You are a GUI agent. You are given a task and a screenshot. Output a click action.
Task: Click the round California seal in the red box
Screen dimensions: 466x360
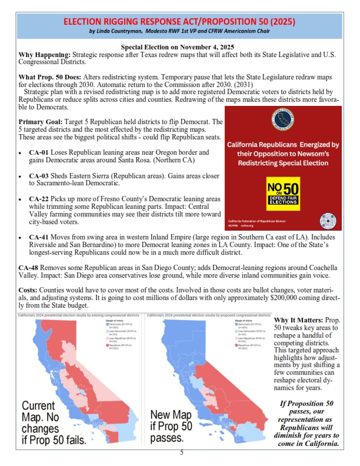point(284,119)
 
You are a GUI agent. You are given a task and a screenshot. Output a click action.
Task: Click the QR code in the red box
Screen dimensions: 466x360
point(328,220)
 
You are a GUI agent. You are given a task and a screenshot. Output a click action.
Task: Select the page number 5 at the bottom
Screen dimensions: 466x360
point(181,452)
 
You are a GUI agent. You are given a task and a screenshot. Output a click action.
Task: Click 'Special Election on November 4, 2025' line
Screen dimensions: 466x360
point(179,47)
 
